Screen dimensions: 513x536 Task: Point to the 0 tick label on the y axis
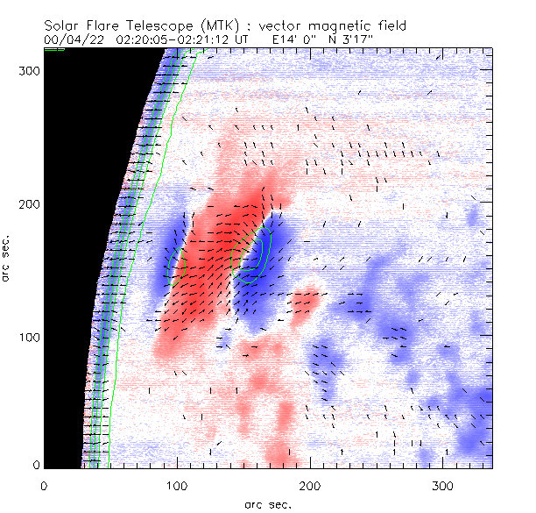click(35, 464)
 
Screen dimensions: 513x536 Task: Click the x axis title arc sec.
click(268, 504)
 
